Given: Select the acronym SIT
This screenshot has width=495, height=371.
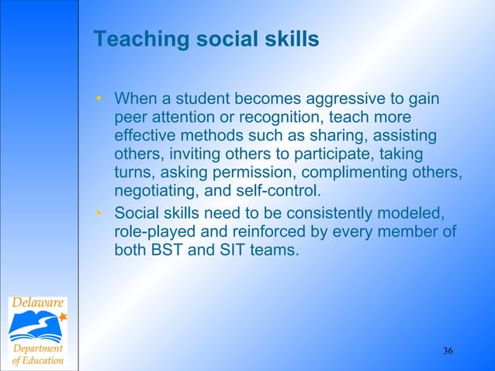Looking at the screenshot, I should (226, 251).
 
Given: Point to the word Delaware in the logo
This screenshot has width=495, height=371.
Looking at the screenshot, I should (38, 302).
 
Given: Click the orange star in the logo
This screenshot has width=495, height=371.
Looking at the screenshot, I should (62, 317).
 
